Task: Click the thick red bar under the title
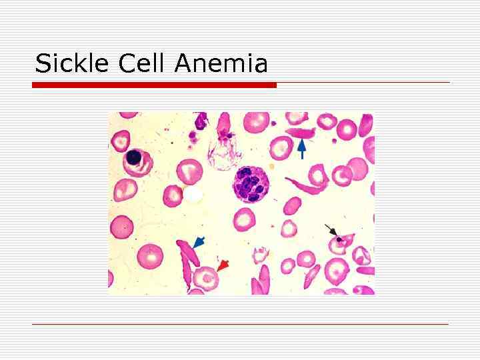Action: (x=154, y=85)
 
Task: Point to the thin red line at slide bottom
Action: (x=240, y=324)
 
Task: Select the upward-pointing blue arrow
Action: (x=302, y=148)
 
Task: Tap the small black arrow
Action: (x=330, y=231)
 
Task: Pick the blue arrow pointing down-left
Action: (x=198, y=243)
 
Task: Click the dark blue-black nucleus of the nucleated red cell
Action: (x=134, y=157)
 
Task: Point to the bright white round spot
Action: (x=193, y=194)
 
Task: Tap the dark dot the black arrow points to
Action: (x=340, y=238)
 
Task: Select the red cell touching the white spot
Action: (x=175, y=195)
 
